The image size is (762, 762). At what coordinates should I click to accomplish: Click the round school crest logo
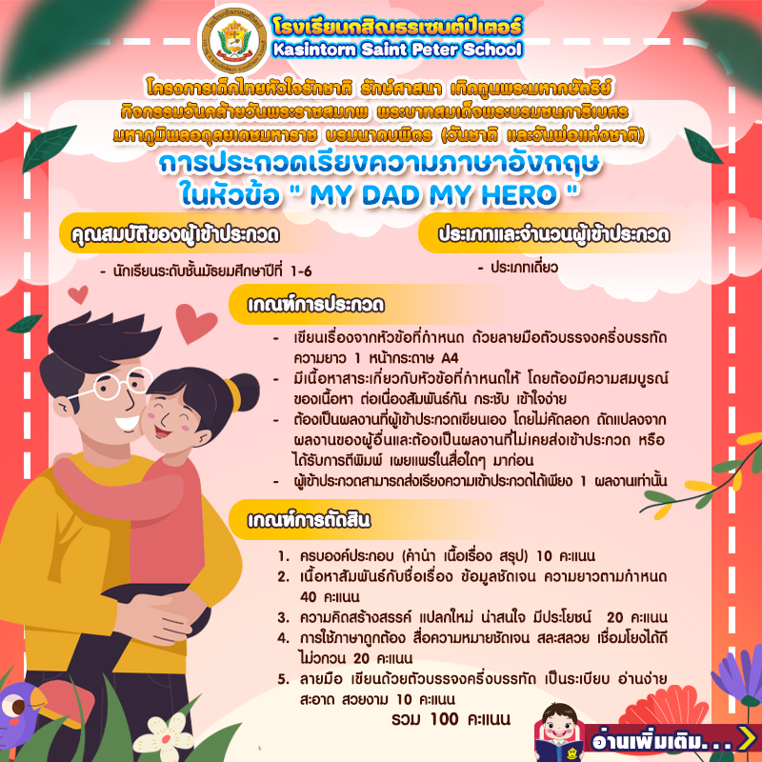[x=234, y=41]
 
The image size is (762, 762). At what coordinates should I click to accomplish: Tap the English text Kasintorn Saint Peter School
[x=397, y=50]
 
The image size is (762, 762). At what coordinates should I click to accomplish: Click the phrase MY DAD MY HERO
[x=433, y=195]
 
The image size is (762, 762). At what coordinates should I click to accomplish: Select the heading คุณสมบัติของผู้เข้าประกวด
[x=175, y=234]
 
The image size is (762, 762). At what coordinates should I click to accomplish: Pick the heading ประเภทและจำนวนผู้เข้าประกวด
[x=554, y=234]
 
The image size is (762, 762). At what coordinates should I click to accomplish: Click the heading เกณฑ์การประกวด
[x=316, y=305]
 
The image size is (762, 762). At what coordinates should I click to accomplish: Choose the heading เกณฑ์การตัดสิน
[x=309, y=520]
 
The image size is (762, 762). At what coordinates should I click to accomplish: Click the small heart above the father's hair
[x=78, y=294]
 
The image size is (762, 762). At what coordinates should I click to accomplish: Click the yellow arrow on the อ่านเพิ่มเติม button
[x=746, y=738]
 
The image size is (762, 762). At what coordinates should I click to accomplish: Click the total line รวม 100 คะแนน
[x=451, y=719]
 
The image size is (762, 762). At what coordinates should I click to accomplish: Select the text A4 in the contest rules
[x=450, y=358]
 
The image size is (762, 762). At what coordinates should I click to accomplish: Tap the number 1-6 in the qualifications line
[x=301, y=271]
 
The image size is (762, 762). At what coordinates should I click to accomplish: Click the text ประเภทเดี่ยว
[x=524, y=268]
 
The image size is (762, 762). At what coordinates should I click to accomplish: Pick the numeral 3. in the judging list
[x=283, y=617]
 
